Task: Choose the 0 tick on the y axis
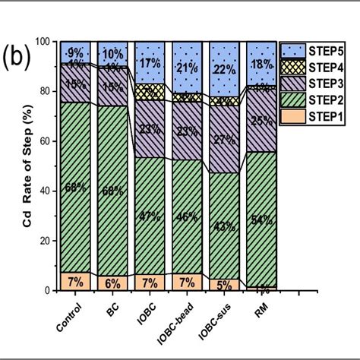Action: coord(50,291)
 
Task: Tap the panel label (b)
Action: coord(16,59)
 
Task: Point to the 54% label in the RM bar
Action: coord(261,220)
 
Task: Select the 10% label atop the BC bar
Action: coord(112,54)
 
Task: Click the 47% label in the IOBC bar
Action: coord(150,216)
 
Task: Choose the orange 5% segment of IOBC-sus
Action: coord(224,285)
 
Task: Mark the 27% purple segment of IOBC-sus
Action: coord(224,139)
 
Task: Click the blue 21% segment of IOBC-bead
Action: coord(187,67)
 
